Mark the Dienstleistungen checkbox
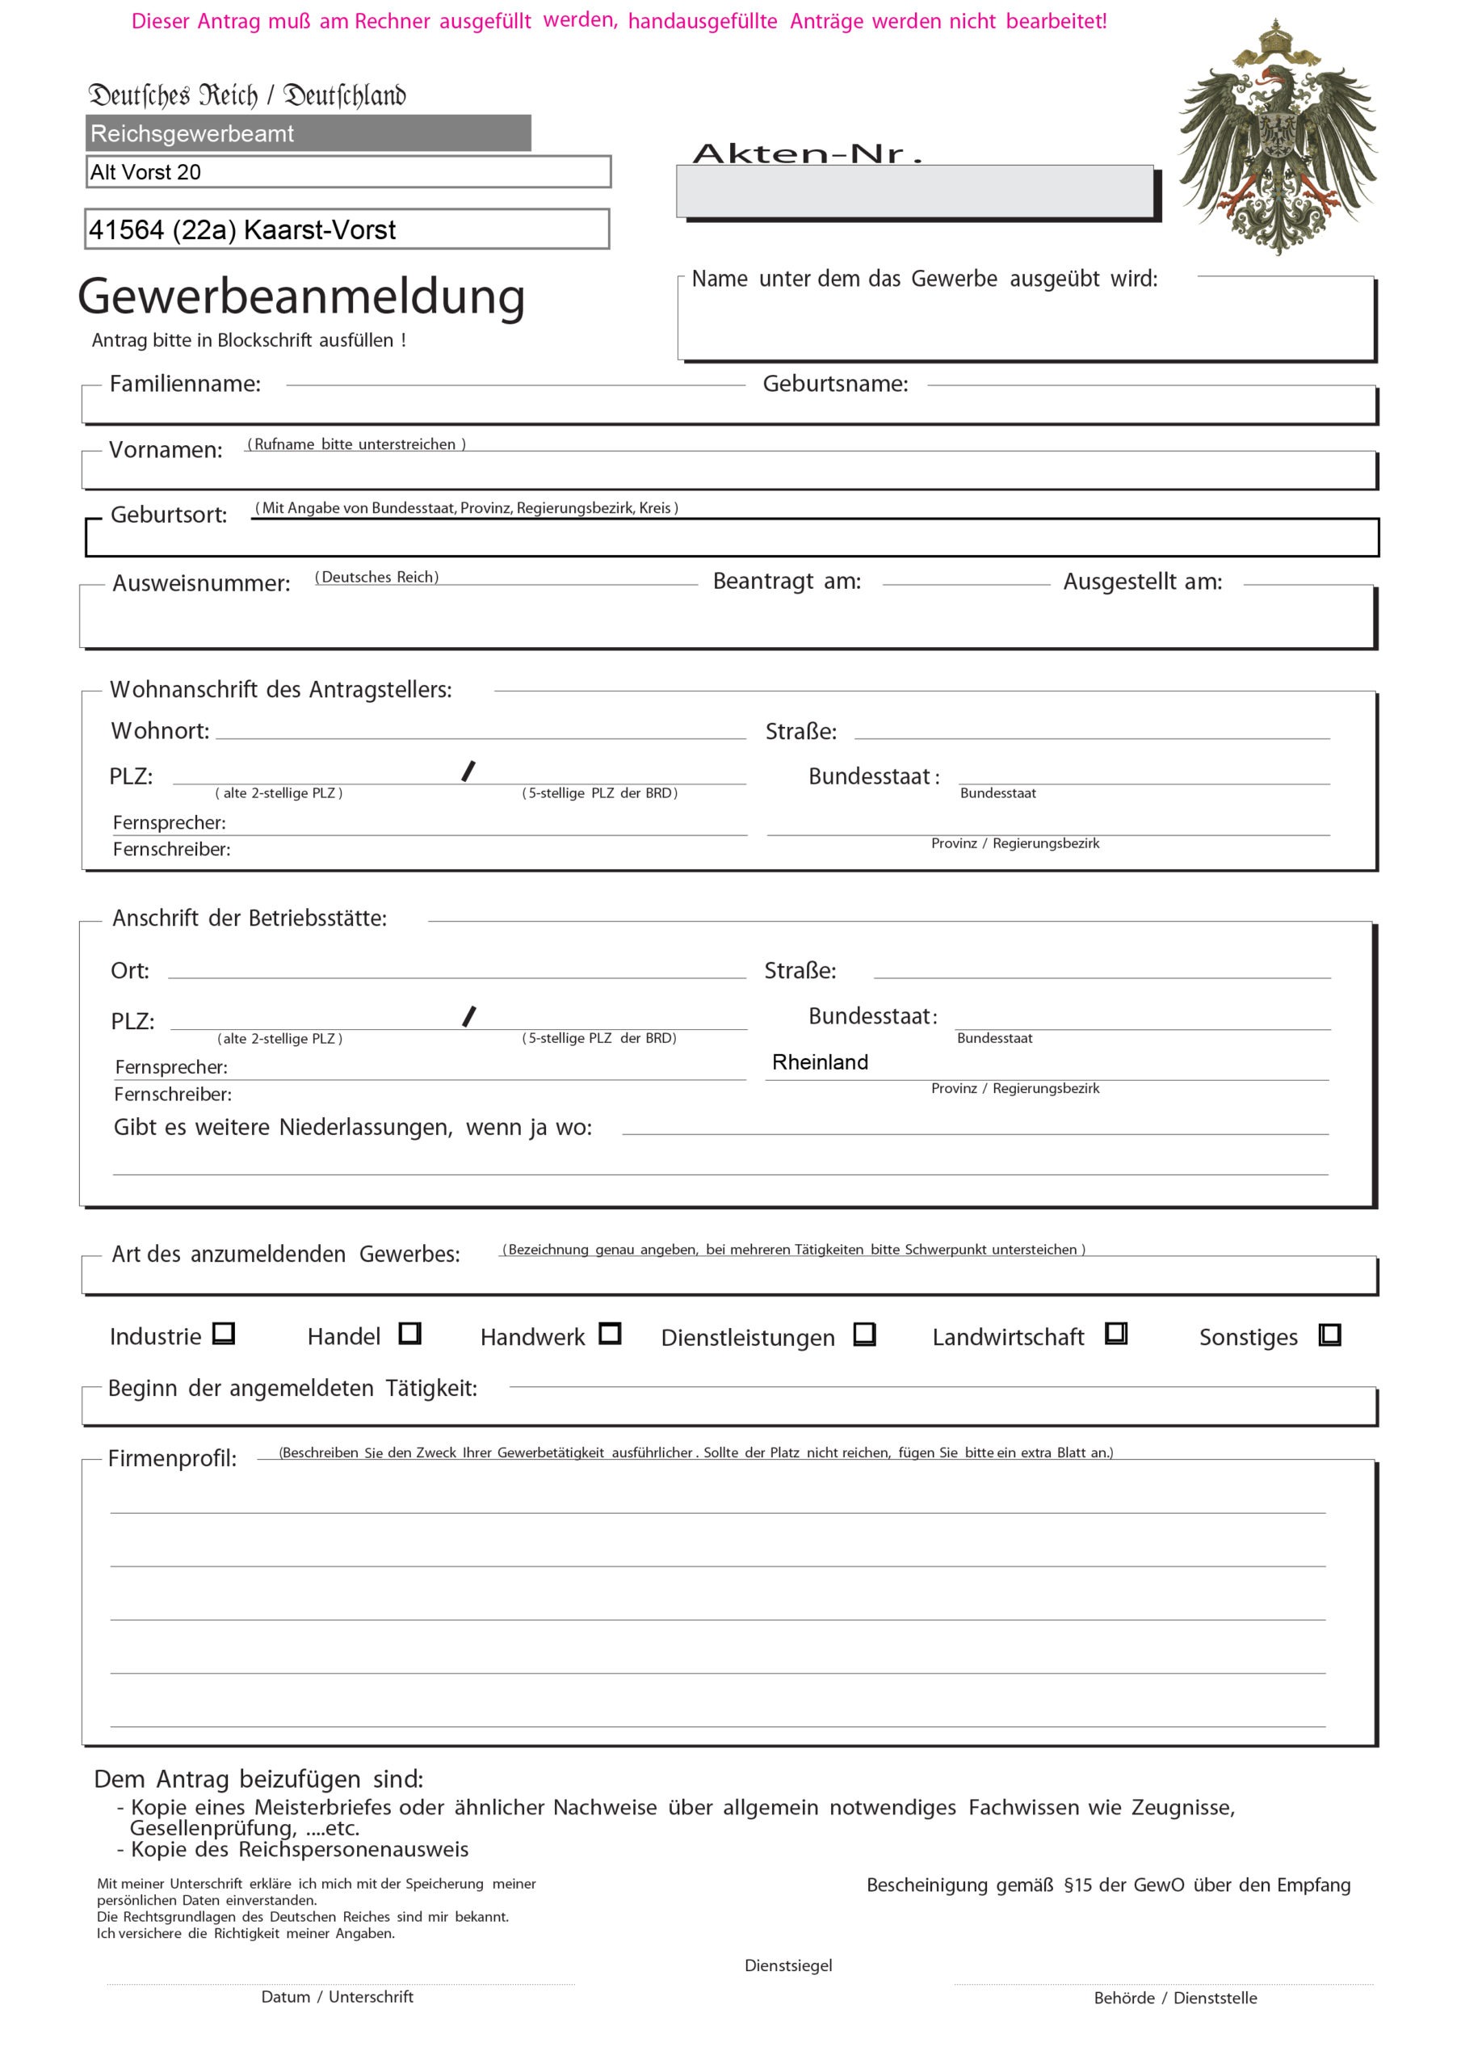click(865, 1333)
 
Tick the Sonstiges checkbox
click(1329, 1334)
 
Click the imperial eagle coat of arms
click(1277, 137)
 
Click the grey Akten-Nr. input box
click(914, 191)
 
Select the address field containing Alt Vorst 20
click(348, 171)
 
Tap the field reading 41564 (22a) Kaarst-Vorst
click(346, 229)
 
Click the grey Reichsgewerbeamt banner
click(308, 133)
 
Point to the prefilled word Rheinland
click(820, 1062)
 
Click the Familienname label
click(185, 384)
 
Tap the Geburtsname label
click(835, 384)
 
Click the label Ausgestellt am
click(1142, 582)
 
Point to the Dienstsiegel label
click(788, 1965)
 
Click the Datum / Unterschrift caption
click(337, 1996)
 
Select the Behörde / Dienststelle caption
click(1174, 1997)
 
